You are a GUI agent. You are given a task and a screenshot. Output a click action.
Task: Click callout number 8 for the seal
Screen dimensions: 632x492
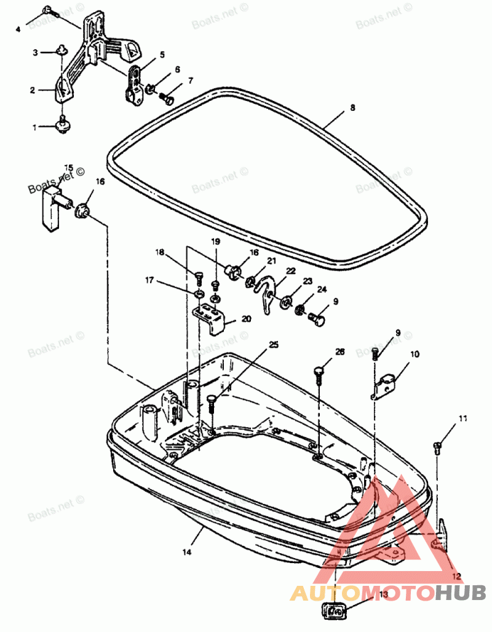[x=352, y=108]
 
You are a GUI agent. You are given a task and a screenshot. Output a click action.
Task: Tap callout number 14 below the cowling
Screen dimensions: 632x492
[x=187, y=553]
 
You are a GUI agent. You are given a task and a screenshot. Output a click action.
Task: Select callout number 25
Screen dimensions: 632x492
[x=273, y=345]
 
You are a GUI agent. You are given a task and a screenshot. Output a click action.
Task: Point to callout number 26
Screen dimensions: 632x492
[x=340, y=351]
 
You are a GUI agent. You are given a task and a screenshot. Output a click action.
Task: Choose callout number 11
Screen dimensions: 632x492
[x=462, y=418]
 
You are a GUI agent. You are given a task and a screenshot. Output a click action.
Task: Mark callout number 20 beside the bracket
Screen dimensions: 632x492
[x=247, y=319]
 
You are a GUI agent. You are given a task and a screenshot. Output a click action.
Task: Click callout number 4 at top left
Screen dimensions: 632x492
[x=18, y=29]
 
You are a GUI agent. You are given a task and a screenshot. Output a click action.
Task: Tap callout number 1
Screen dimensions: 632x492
[x=34, y=127]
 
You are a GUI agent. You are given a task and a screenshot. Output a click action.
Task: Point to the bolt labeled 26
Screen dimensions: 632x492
[x=318, y=372]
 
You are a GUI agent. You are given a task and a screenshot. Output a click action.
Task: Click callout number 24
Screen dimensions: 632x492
[x=321, y=289]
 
